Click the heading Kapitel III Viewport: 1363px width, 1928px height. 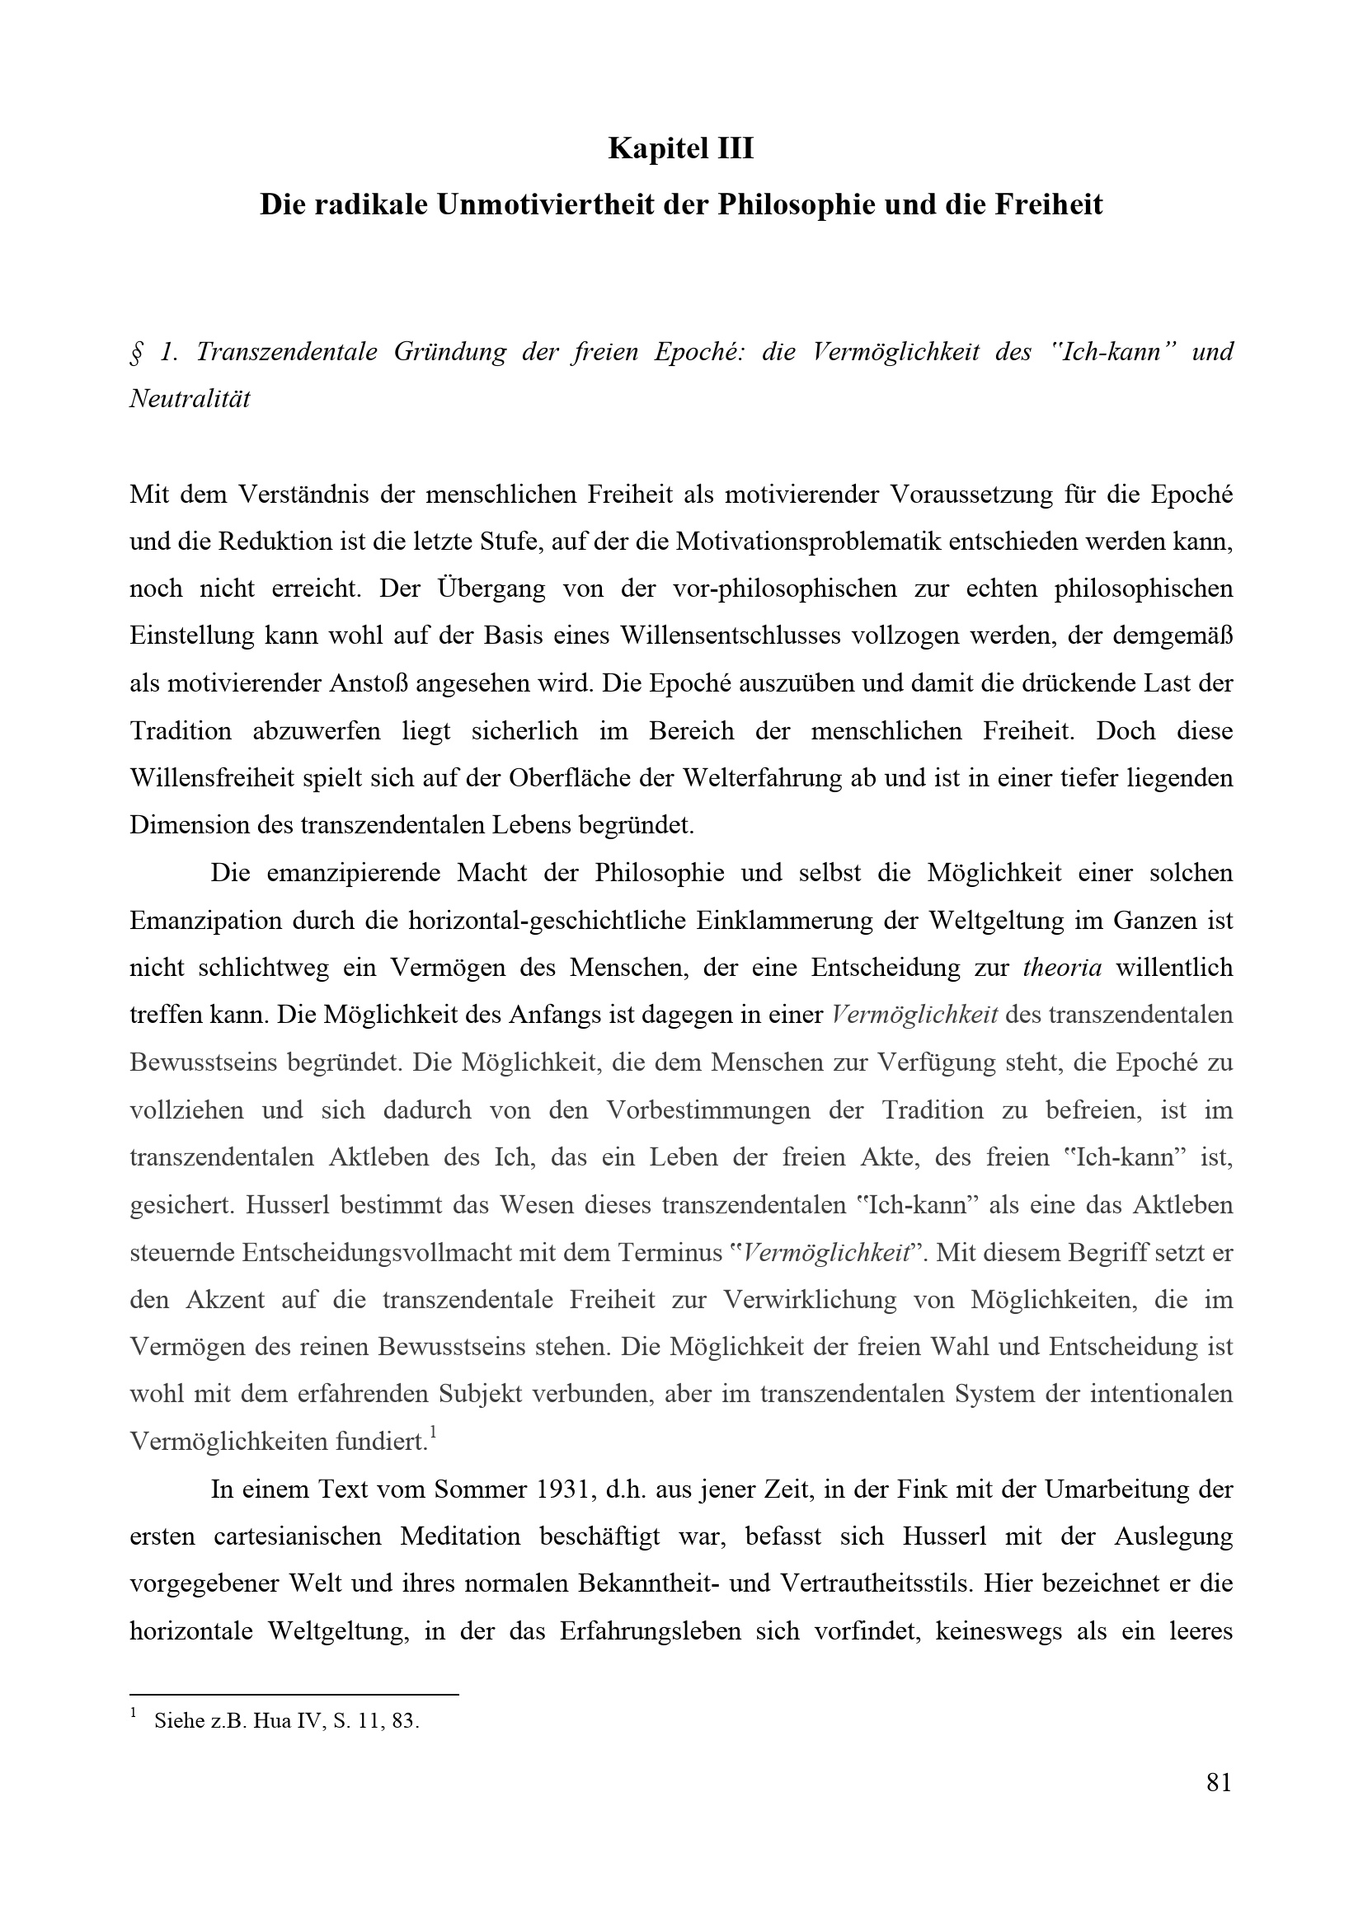tap(681, 148)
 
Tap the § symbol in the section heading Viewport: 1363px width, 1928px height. tap(136, 351)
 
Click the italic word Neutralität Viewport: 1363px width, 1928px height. tap(190, 398)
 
